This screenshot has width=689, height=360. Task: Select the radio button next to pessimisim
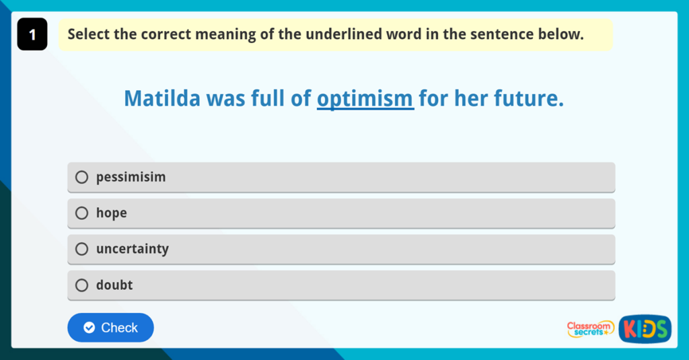[x=81, y=178]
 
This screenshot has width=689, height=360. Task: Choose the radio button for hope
[x=81, y=213]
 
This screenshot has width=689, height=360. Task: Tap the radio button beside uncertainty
[x=81, y=249]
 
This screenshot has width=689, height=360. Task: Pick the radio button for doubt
[x=81, y=285]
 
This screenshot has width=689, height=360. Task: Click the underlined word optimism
[x=365, y=100]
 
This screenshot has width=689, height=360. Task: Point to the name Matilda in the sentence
[x=162, y=100]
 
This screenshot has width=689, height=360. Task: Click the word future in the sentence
[x=525, y=100]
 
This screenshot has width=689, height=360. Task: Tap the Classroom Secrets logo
[x=590, y=328]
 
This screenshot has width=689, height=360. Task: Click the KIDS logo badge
[x=644, y=328]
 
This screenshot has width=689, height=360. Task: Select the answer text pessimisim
[x=131, y=178]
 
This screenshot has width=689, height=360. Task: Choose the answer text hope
[x=111, y=213]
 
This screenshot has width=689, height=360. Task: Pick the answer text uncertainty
[x=132, y=249]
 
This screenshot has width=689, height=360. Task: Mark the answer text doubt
[x=114, y=285]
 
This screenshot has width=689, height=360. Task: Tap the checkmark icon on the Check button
[x=89, y=328]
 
